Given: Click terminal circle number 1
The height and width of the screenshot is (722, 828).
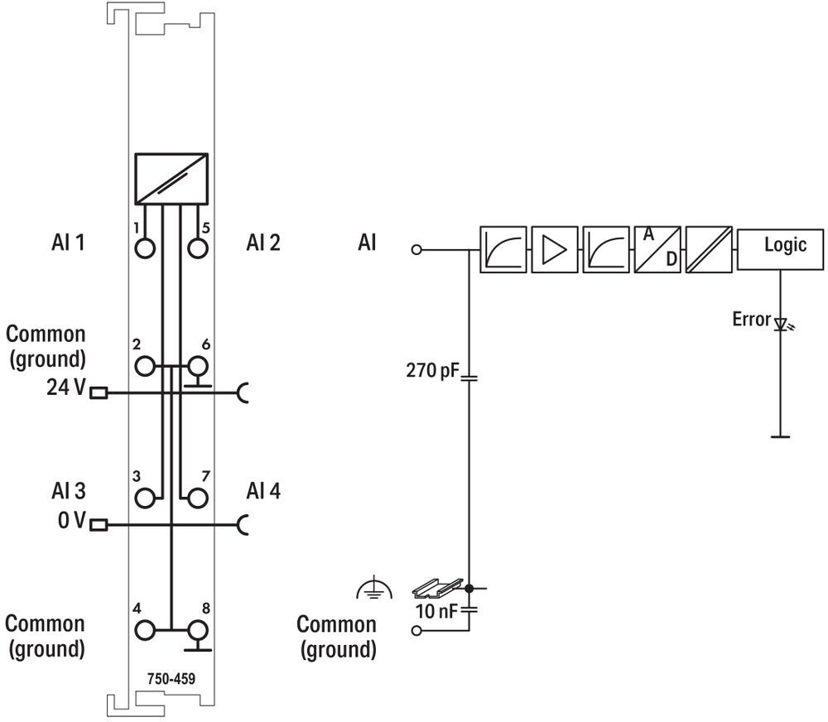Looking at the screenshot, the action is click(x=145, y=248).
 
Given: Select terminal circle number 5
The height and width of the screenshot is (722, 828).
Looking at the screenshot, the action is click(x=198, y=248).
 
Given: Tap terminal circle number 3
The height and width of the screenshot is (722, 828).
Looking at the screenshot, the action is click(x=145, y=498).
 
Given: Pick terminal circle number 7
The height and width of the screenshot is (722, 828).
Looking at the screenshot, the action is click(x=198, y=498).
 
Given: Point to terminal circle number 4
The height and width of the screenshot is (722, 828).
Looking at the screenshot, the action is click(x=145, y=630).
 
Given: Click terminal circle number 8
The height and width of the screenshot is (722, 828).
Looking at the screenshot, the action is click(x=198, y=630).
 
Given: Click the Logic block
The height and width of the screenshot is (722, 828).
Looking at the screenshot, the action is click(x=780, y=249).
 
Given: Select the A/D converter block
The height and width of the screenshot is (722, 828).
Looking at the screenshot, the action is click(x=657, y=249).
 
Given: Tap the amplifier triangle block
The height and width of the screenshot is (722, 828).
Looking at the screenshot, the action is click(x=555, y=249).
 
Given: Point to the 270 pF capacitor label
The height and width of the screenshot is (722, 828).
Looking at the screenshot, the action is click(x=432, y=370).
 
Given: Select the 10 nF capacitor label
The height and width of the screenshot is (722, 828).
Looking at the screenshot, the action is click(x=436, y=611).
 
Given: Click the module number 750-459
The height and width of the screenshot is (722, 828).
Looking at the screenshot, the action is click(x=171, y=678).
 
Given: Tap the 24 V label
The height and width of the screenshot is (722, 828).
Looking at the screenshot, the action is click(x=65, y=387).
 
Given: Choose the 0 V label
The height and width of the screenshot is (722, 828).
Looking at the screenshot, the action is click(x=71, y=520).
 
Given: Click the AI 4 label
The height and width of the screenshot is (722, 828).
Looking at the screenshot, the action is click(x=263, y=491).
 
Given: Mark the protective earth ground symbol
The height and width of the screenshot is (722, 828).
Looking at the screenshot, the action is click(x=374, y=588).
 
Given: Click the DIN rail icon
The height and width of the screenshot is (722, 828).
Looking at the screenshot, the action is click(x=436, y=585).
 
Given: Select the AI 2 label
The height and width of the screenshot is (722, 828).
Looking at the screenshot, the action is click(x=263, y=243).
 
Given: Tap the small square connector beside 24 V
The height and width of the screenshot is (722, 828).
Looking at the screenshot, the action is click(x=99, y=393).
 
